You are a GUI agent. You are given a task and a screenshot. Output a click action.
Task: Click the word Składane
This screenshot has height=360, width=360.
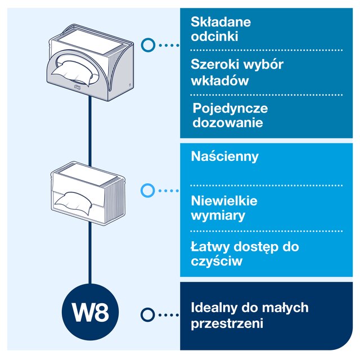[x=220, y=22]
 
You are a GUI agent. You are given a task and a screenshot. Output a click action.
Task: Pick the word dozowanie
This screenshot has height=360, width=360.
[x=227, y=122]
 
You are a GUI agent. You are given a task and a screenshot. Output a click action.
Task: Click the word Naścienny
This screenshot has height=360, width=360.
[x=225, y=156]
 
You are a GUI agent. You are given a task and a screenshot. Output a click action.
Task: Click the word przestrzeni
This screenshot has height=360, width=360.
[x=227, y=324]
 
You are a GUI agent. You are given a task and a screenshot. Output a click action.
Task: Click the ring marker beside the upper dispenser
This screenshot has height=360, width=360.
[x=148, y=44]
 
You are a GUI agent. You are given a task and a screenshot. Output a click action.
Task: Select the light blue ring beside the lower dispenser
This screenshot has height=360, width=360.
[x=147, y=191]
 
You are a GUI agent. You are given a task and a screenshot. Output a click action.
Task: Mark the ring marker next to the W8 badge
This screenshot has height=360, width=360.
[x=148, y=314]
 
